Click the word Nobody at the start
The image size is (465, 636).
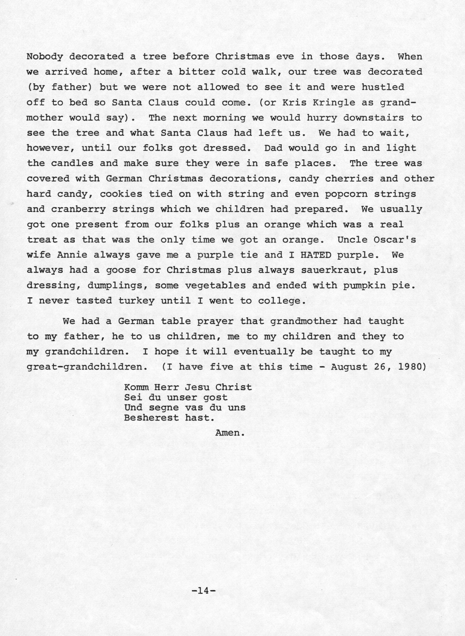coord(44,57)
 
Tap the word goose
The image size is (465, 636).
coord(121,270)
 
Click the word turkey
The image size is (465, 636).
coord(136,301)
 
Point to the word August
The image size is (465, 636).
coord(349,367)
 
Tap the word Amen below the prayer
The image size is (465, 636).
coord(229,433)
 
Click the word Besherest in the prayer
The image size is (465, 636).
coord(151,418)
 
